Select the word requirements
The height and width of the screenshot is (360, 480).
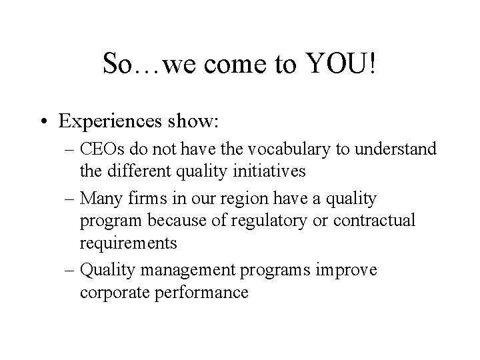pyautogui.click(x=128, y=243)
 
